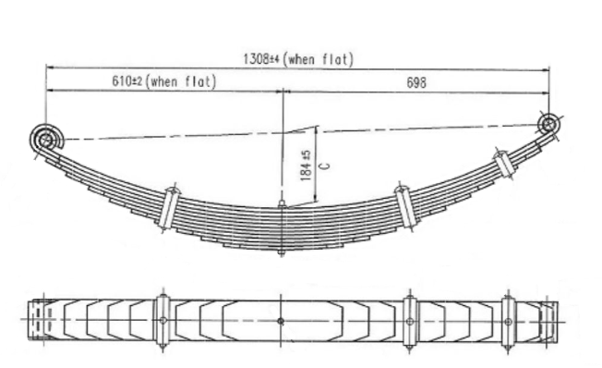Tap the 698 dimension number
[x=416, y=82]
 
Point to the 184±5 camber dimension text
[x=306, y=166]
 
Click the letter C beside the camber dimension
[x=324, y=166]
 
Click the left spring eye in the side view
[x=45, y=140]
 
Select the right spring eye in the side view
[x=549, y=124]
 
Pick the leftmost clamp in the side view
[x=169, y=208]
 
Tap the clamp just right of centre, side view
[x=406, y=207]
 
